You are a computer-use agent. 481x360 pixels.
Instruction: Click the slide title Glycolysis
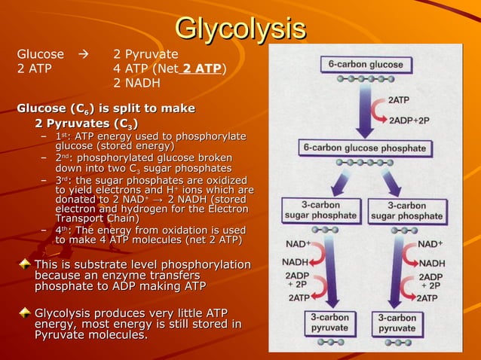click(240, 29)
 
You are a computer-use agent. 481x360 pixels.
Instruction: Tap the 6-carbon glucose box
click(365, 64)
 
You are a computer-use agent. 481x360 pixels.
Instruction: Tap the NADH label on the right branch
click(431, 263)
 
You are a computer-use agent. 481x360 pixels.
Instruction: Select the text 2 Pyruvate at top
click(145, 54)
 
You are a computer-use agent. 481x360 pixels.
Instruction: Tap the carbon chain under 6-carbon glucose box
click(365, 78)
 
